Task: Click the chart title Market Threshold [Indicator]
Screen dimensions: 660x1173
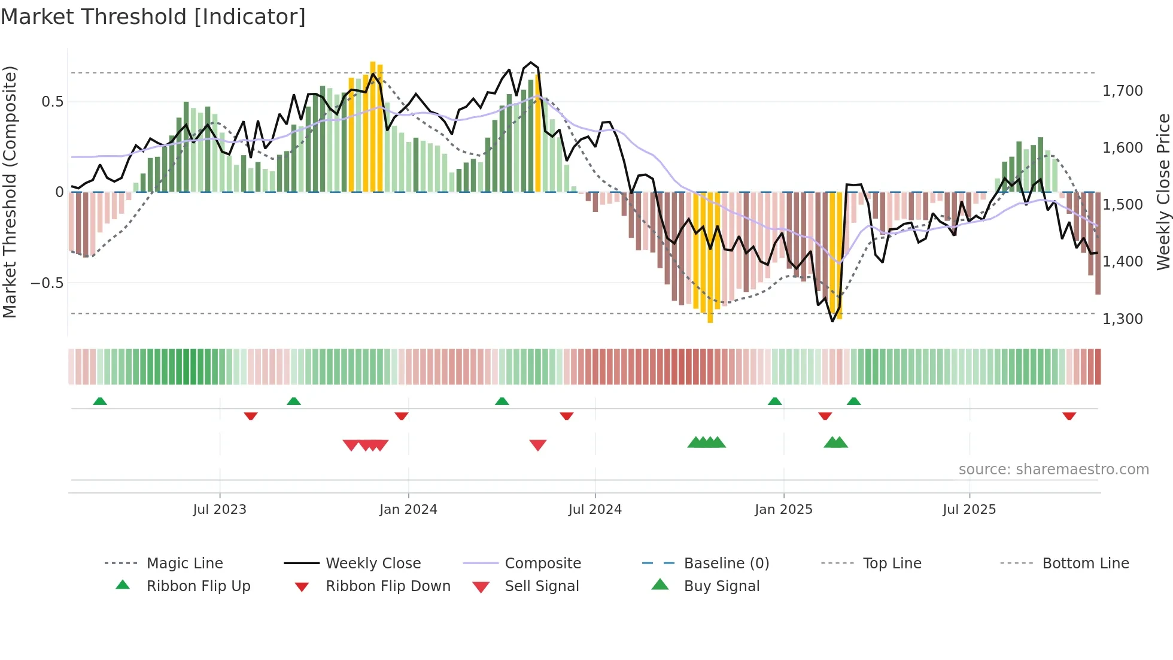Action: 153,17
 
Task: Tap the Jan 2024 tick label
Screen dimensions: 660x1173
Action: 408,509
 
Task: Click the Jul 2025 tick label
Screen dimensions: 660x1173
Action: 969,509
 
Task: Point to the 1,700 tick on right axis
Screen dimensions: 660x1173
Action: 1122,90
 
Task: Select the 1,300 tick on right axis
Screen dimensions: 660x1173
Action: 1122,319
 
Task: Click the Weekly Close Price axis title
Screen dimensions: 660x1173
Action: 1162,192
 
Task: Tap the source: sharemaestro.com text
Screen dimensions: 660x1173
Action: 1053,469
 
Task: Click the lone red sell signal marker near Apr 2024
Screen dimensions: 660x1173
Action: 537,444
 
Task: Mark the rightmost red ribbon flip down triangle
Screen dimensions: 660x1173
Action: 1069,416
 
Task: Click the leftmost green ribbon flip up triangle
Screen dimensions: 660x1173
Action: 100,401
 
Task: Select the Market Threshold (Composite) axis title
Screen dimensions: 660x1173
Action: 10,192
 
